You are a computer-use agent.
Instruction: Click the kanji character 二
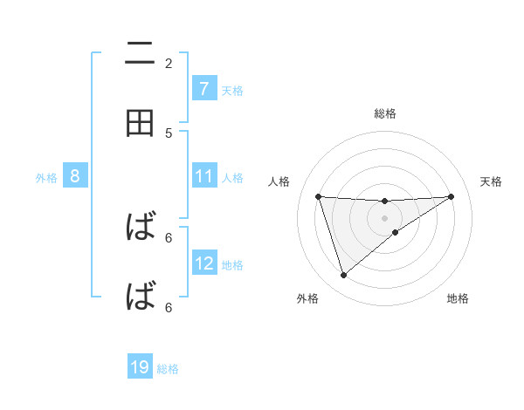pos(140,54)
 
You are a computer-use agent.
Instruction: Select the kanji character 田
pos(140,124)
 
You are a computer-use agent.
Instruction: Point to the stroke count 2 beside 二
pos(169,63)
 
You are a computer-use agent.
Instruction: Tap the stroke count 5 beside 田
pos(169,133)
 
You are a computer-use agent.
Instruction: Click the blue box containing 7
pos(203,88)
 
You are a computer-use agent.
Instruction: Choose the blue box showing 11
pos(203,176)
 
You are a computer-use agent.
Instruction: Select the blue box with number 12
pos(203,263)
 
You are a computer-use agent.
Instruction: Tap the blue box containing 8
pos(75,176)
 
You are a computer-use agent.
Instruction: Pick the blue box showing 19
pos(140,367)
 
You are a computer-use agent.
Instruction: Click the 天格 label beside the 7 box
pos(232,90)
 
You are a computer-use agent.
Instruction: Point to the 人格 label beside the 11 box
pos(232,177)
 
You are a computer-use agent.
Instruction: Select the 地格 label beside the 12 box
pos(232,264)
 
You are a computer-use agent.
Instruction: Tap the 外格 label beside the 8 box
pos(46,177)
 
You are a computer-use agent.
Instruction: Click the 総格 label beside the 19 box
pos(168,368)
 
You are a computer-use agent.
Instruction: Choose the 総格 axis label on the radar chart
pos(385,113)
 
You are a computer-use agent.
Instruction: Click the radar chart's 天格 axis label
pos(491,181)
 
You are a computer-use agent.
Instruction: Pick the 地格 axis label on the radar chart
pos(458,298)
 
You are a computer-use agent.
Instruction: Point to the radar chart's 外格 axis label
pos(307,298)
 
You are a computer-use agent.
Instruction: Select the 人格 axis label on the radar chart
pos(279,181)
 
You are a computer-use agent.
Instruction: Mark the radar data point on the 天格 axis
pos(451,196)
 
